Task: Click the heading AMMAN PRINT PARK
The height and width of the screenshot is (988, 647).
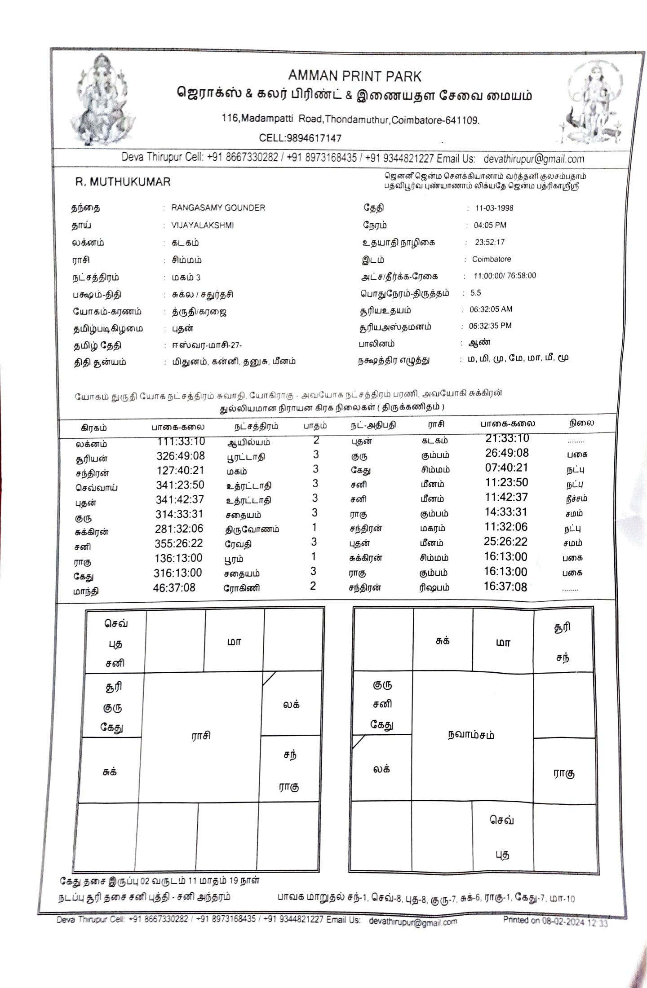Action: click(x=355, y=76)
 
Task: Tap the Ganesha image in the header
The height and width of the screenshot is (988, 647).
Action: click(x=103, y=100)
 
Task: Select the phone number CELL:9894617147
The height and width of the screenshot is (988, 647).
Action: click(x=300, y=138)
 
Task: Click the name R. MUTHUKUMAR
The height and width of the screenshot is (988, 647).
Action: click(x=123, y=182)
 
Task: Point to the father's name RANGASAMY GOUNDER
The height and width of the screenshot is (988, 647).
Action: click(x=218, y=208)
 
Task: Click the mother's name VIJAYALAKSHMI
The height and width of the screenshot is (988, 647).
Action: click(x=202, y=225)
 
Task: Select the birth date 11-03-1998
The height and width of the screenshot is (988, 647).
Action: click(x=494, y=208)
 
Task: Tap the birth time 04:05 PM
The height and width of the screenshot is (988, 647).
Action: click(x=490, y=225)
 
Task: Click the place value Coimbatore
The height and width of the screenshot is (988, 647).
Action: click(x=491, y=259)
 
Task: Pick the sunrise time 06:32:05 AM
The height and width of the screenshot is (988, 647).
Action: click(x=491, y=309)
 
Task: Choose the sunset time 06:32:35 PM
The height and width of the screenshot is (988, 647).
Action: click(x=490, y=326)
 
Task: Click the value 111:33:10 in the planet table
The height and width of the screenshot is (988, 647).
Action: click(x=181, y=441)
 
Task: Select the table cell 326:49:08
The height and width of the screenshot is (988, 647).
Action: click(x=180, y=456)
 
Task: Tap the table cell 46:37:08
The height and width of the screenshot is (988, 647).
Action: click(x=174, y=587)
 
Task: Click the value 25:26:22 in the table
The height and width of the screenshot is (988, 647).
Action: click(x=505, y=542)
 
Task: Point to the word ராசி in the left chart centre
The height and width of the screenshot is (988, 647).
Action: click(x=200, y=736)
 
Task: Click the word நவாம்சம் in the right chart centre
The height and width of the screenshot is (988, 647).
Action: click(x=471, y=735)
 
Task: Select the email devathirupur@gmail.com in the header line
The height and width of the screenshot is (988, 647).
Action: click(x=534, y=159)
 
